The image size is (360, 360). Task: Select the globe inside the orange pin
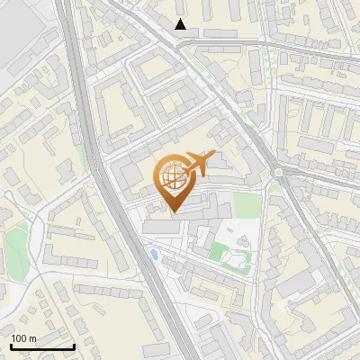[x=173, y=178]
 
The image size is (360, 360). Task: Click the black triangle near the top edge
[x=181, y=24]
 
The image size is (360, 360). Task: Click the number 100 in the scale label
[x=19, y=339]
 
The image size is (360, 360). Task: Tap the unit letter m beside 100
[x=32, y=339]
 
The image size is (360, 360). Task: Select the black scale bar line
[x=41, y=346]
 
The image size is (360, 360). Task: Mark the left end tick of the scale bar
[x=10, y=345]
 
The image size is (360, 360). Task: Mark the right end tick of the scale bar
[x=74, y=345]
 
